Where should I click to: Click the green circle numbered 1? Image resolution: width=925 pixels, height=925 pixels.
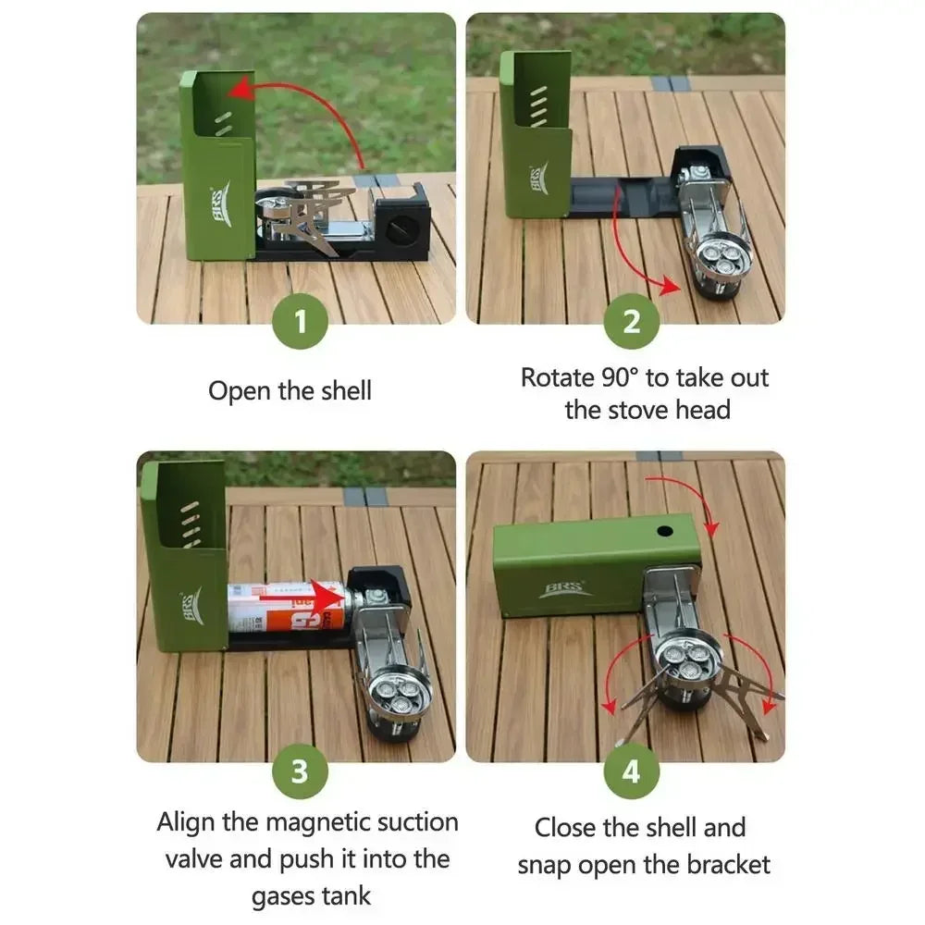pyautogui.click(x=301, y=322)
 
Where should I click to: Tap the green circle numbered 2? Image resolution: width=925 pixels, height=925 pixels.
pyautogui.click(x=631, y=322)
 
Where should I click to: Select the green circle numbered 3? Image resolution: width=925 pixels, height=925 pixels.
pyautogui.click(x=301, y=771)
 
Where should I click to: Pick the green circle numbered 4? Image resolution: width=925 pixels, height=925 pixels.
pyautogui.click(x=631, y=771)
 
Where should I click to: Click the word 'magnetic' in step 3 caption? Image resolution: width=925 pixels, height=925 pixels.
pyautogui.click(x=314, y=821)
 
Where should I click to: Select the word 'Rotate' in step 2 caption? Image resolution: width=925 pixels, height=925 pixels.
pyautogui.click(x=558, y=377)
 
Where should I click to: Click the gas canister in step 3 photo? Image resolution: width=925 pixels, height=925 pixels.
pyautogui.click(x=288, y=607)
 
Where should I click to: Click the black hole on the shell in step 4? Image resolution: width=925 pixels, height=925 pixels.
pyautogui.click(x=665, y=531)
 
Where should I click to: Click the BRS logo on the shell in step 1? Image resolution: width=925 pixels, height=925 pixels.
pyautogui.click(x=221, y=204)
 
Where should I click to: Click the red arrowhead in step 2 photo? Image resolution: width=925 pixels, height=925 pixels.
pyautogui.click(x=670, y=285)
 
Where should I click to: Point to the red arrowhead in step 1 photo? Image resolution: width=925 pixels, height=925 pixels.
pyautogui.click(x=241, y=91)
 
